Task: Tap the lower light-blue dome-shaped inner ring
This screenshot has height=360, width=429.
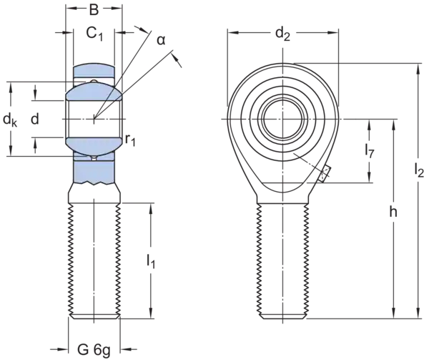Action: point(93,145)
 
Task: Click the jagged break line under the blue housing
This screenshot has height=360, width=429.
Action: point(93,185)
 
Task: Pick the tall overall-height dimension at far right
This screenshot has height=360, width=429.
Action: point(416,186)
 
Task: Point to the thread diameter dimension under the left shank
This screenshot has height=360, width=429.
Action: point(93,349)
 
